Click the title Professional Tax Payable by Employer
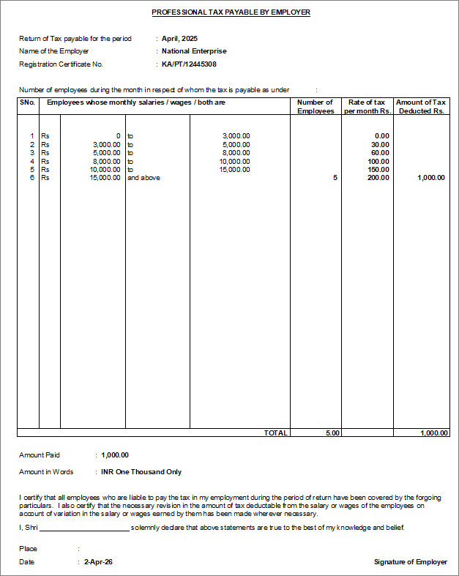(231, 12)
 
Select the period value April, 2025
(180, 38)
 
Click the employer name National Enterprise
(194, 51)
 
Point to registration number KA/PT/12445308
(189, 64)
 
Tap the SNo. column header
(27, 102)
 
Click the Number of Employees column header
(316, 107)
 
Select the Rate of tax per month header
(367, 107)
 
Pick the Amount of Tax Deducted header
(421, 107)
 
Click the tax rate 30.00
(380, 144)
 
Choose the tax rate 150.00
(378, 169)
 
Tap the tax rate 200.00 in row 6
(378, 178)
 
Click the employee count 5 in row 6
(335, 178)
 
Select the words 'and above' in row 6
(143, 178)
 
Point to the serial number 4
(31, 161)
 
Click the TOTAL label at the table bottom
(275, 433)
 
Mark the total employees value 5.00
(332, 433)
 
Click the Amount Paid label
(40, 455)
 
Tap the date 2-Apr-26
(98, 562)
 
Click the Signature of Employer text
(410, 562)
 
